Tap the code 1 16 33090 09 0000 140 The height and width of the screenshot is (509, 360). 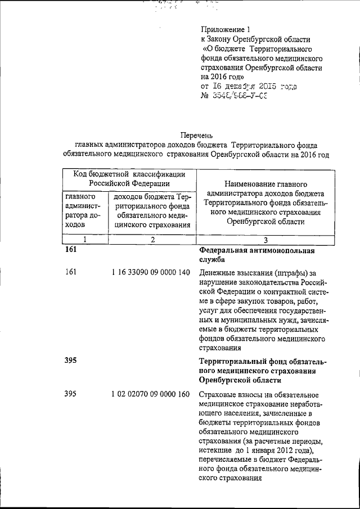click(151, 272)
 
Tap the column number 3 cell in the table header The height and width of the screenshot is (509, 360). click(265, 239)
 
